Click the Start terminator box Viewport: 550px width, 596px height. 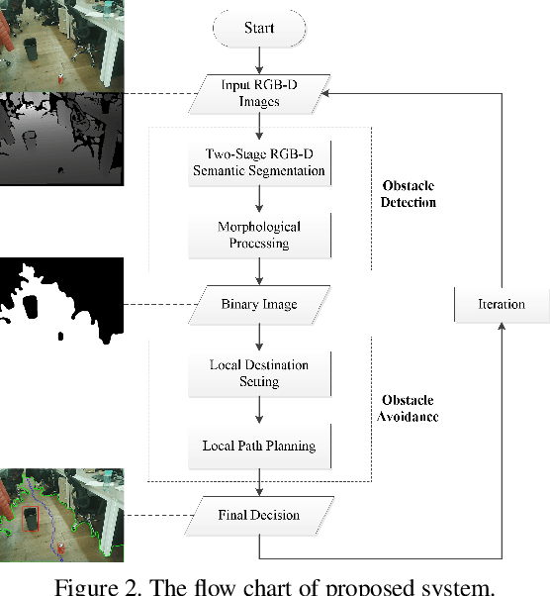(259, 28)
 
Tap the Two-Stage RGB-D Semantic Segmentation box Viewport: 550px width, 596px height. (259, 162)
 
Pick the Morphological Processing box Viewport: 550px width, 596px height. (259, 234)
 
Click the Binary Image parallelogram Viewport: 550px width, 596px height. (259, 303)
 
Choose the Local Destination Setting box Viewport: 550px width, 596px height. (259, 373)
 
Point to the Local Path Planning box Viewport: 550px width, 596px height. (259, 446)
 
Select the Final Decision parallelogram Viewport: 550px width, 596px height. (259, 515)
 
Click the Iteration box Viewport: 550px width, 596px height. (501, 303)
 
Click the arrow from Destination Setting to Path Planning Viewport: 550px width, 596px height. (259, 410)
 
